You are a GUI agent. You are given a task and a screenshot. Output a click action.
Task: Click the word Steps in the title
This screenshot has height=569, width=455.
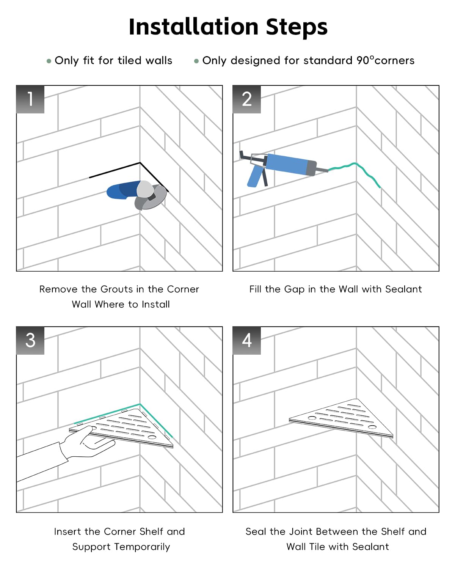297,28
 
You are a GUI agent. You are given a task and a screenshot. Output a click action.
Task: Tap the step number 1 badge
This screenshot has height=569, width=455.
30,99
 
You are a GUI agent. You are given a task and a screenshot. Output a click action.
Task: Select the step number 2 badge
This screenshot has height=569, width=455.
247,99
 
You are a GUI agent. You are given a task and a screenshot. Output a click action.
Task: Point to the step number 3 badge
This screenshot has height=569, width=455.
30,340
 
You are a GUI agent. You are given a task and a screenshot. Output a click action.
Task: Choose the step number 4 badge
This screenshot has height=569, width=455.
247,340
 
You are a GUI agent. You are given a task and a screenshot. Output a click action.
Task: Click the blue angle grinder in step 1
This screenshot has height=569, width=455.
136,194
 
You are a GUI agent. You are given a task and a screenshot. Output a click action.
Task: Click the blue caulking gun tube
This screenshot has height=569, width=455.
291,164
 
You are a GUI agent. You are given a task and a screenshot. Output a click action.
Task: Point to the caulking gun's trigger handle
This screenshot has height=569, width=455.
255,176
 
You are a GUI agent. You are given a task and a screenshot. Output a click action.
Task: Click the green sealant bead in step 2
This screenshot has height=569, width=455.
354,172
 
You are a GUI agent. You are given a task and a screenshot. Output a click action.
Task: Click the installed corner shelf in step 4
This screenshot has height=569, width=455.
341,418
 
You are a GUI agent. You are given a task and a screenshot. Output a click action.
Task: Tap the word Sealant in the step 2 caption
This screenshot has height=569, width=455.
403,289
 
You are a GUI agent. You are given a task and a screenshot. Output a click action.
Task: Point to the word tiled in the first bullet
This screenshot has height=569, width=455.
130,60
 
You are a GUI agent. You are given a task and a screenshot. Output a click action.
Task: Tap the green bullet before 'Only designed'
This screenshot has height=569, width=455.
196,61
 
